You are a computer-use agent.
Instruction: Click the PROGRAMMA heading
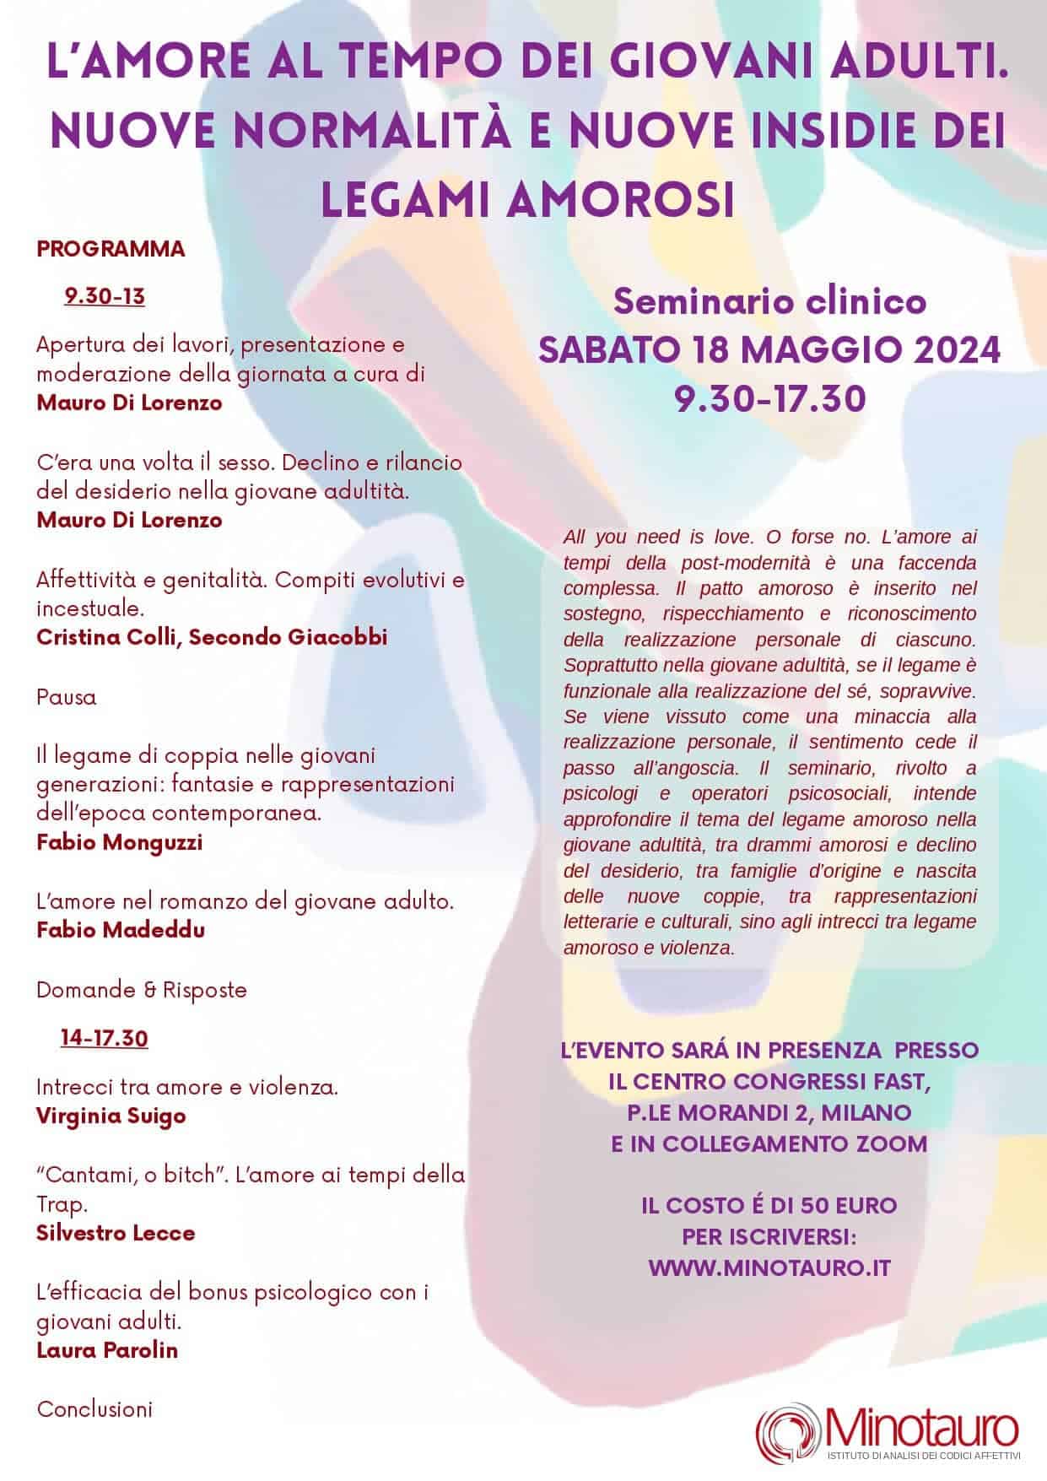click(111, 249)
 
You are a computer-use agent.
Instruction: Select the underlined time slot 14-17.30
click(104, 1037)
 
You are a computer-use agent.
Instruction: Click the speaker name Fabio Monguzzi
click(119, 842)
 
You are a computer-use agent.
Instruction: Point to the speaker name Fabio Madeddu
click(121, 929)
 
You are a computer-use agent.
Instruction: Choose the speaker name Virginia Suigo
click(111, 1116)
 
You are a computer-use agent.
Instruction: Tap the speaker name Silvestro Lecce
click(116, 1232)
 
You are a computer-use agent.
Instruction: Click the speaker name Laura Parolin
click(107, 1349)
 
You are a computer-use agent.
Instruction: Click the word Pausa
click(67, 698)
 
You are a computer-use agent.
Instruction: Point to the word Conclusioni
click(94, 1408)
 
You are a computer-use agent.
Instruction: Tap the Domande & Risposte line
click(142, 989)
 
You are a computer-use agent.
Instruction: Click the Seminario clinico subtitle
click(769, 301)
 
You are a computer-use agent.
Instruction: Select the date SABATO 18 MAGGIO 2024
click(769, 349)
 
